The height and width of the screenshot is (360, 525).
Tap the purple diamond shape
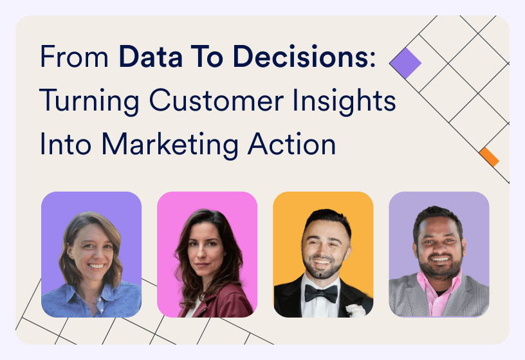pos(405,63)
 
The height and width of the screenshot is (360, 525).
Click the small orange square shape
pos(489,157)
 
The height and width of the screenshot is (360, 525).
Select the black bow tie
pos(321,293)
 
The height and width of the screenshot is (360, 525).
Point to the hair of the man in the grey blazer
pos(438,216)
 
